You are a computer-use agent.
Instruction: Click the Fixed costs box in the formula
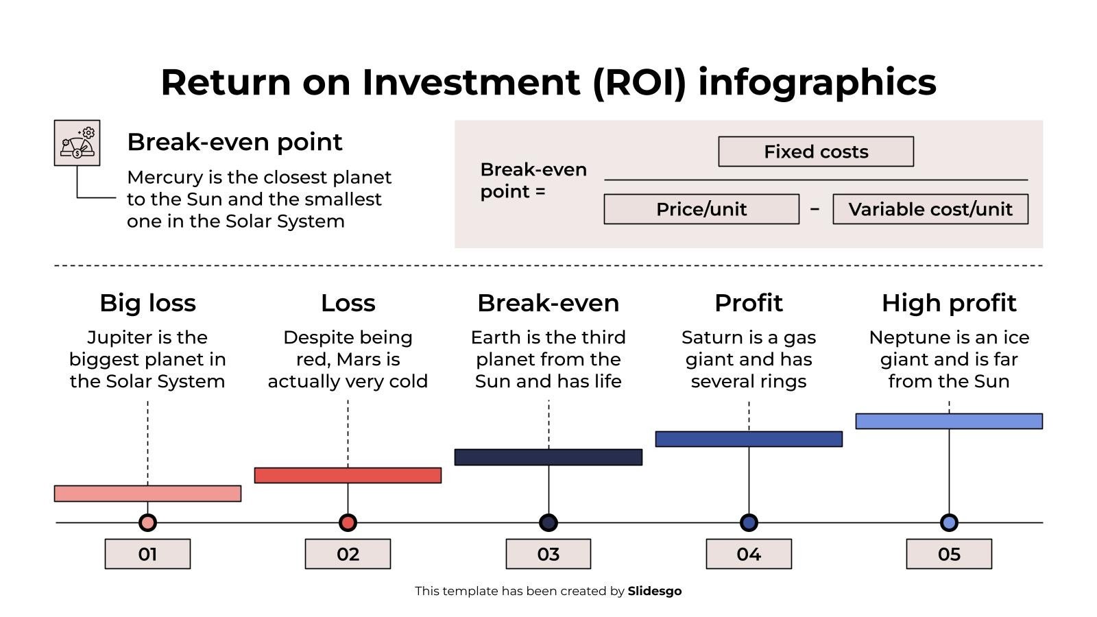pyautogui.click(x=815, y=152)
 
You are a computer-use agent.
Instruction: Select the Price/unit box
pyautogui.click(x=701, y=209)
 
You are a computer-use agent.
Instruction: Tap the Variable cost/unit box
pyautogui.click(x=930, y=209)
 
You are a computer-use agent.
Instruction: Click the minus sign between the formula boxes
pyautogui.click(x=815, y=208)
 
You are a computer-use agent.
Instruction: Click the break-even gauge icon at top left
pyautogui.click(x=77, y=143)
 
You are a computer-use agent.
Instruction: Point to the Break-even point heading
pyautogui.click(x=234, y=142)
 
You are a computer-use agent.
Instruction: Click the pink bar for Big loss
pyautogui.click(x=147, y=494)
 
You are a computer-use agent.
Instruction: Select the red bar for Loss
pyautogui.click(x=348, y=475)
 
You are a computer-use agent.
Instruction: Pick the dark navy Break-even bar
pyautogui.click(x=548, y=457)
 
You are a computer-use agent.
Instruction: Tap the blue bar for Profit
pyautogui.click(x=748, y=439)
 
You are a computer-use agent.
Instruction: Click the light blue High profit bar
pyautogui.click(x=948, y=421)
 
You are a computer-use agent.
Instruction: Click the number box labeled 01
pyautogui.click(x=147, y=554)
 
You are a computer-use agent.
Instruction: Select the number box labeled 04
pyautogui.click(x=748, y=554)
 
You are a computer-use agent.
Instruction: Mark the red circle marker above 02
pyautogui.click(x=348, y=523)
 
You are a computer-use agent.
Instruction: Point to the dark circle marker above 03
pyautogui.click(x=548, y=523)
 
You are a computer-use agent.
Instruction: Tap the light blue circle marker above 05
pyautogui.click(x=948, y=523)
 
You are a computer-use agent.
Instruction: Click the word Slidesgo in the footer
pyautogui.click(x=654, y=591)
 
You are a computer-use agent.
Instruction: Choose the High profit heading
pyautogui.click(x=948, y=303)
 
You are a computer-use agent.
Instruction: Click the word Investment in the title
pyautogui.click(x=470, y=82)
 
